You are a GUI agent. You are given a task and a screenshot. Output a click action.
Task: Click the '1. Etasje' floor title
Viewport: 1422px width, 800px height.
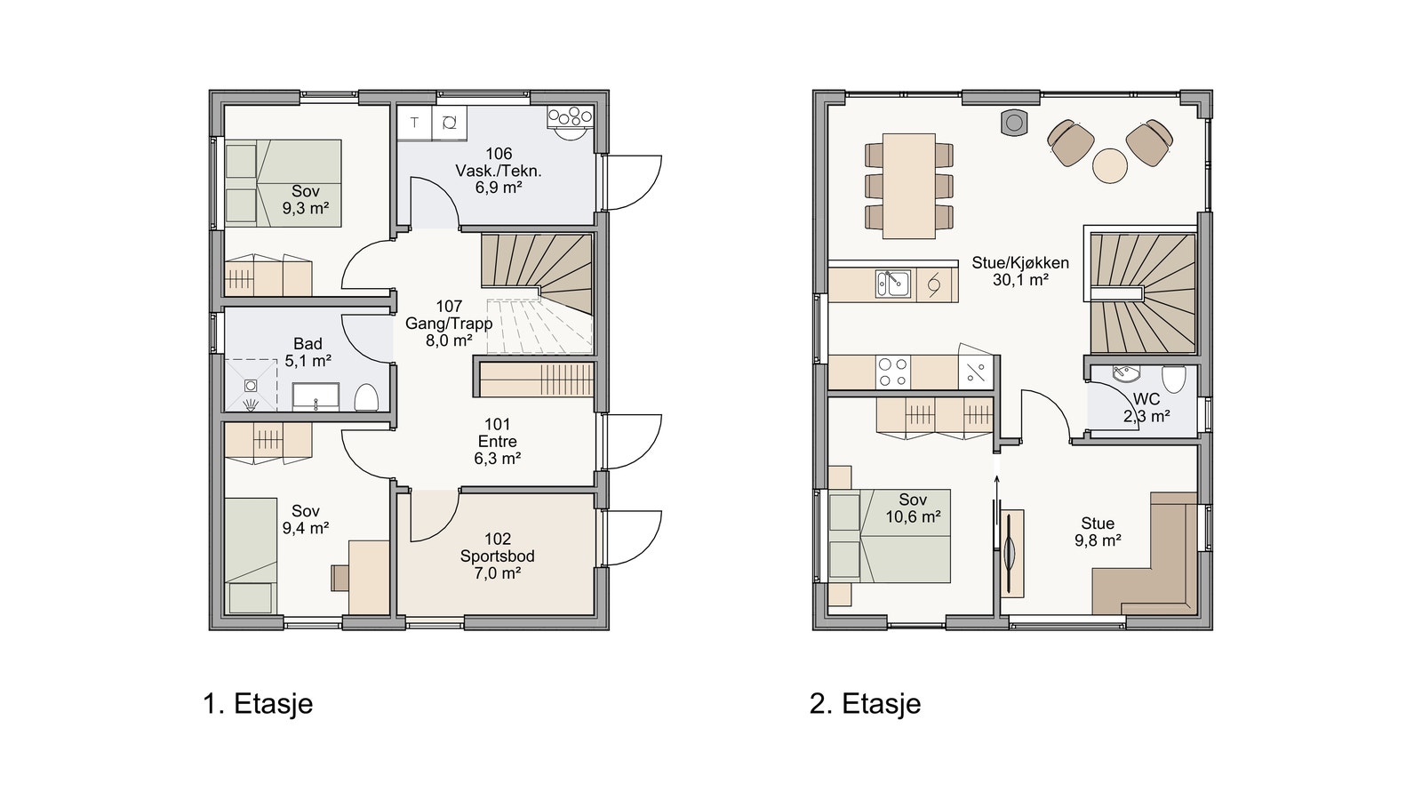pos(258,704)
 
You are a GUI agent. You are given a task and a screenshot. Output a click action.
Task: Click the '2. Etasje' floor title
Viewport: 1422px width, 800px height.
pos(866,704)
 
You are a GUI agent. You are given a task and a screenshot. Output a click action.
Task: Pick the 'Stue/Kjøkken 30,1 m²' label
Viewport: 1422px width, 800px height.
pos(1020,271)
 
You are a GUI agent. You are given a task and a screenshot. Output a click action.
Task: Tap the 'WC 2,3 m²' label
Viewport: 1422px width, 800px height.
pos(1146,408)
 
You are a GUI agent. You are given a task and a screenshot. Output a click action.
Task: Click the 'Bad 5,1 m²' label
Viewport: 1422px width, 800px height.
pos(308,352)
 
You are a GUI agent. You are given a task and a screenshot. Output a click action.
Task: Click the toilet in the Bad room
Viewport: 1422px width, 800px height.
pos(366,397)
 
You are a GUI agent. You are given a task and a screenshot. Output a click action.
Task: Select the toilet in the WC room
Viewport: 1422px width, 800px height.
pos(1174,379)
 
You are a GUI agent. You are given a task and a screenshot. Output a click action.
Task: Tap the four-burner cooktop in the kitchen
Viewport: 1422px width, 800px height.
pos(893,372)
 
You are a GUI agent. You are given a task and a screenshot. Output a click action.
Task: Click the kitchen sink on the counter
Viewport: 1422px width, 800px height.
pos(893,284)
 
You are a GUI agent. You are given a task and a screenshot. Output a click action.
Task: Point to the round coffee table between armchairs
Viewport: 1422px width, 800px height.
pos(1110,165)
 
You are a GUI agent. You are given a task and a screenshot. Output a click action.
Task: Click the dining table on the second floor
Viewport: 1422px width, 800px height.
pos(909,186)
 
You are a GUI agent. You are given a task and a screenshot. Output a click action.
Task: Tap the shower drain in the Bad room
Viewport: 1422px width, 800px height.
pos(251,386)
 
